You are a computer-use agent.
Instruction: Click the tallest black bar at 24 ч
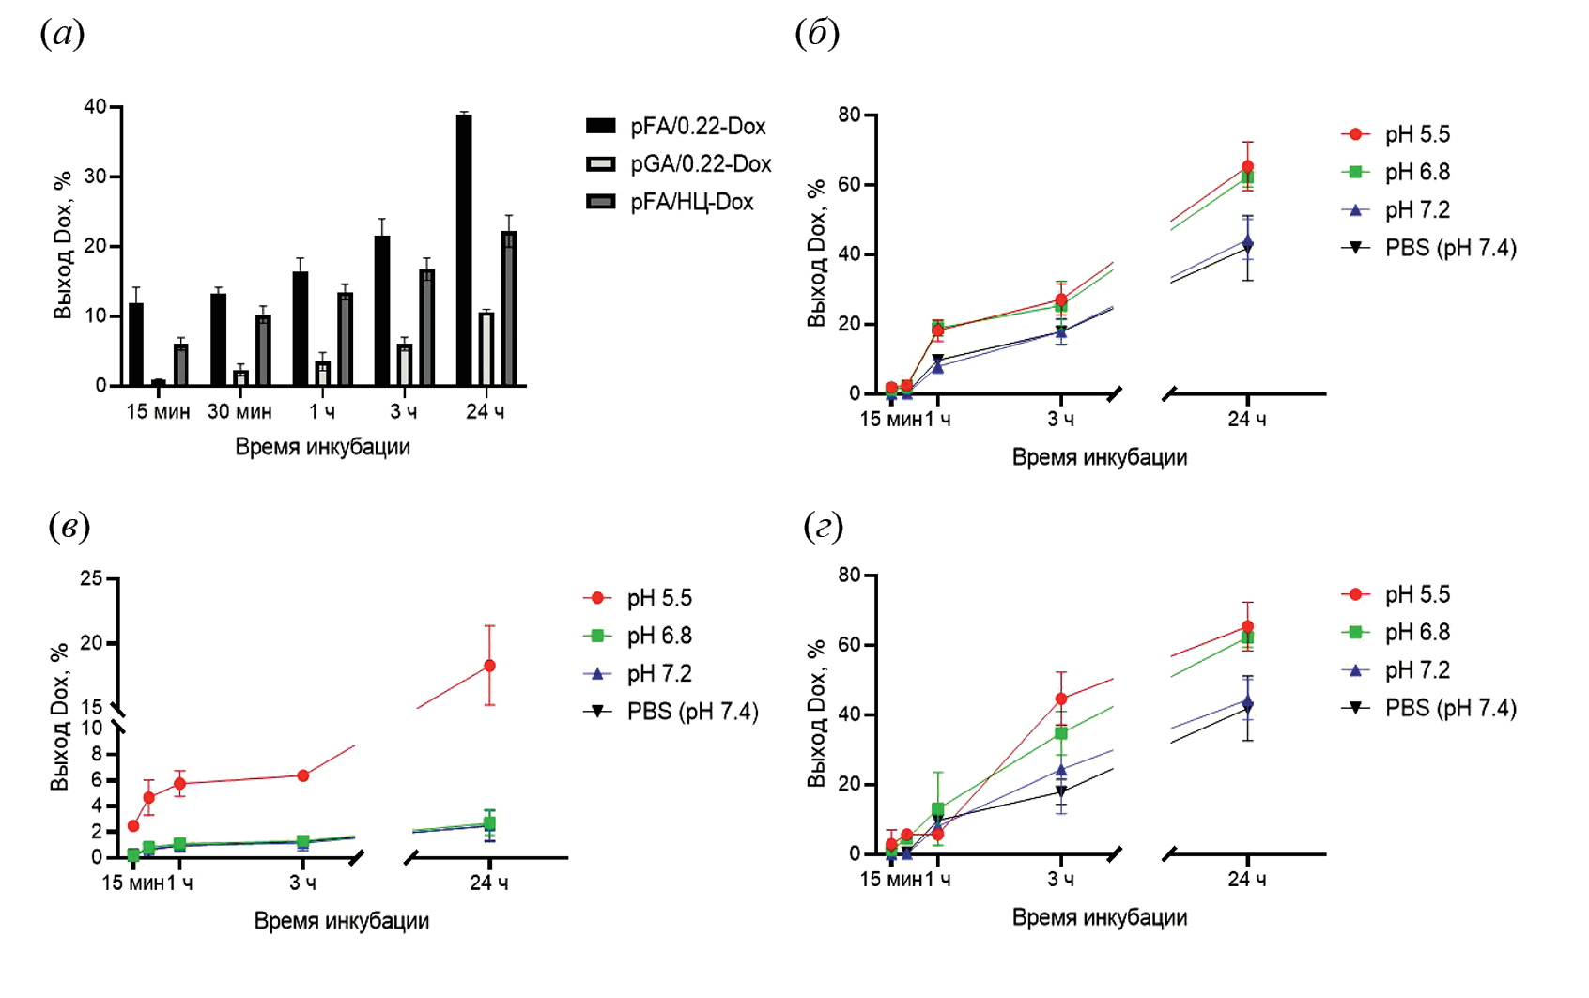[x=464, y=250]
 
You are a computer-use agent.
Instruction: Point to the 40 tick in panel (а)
[x=95, y=107]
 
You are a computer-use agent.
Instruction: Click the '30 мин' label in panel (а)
[x=239, y=412]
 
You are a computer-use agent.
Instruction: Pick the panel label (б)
[x=816, y=34]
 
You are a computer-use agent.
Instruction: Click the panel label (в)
[x=69, y=526]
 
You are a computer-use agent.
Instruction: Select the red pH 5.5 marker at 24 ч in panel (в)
[x=489, y=666]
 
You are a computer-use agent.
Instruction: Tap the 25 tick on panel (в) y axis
[x=91, y=578]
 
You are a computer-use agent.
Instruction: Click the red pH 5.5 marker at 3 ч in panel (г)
[x=1061, y=699]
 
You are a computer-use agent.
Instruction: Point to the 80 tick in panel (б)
[x=849, y=115]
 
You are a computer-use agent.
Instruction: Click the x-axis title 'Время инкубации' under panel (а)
[x=322, y=447]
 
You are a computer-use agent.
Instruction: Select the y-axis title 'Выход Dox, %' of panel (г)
[x=816, y=714]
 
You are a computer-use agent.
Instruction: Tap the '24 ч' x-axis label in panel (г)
[x=1246, y=880]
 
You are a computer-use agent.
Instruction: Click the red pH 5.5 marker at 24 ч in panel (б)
[x=1247, y=167]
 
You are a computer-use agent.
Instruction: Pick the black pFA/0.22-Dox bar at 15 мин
[x=136, y=344]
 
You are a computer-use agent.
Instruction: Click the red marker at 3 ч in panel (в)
[x=302, y=775]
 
